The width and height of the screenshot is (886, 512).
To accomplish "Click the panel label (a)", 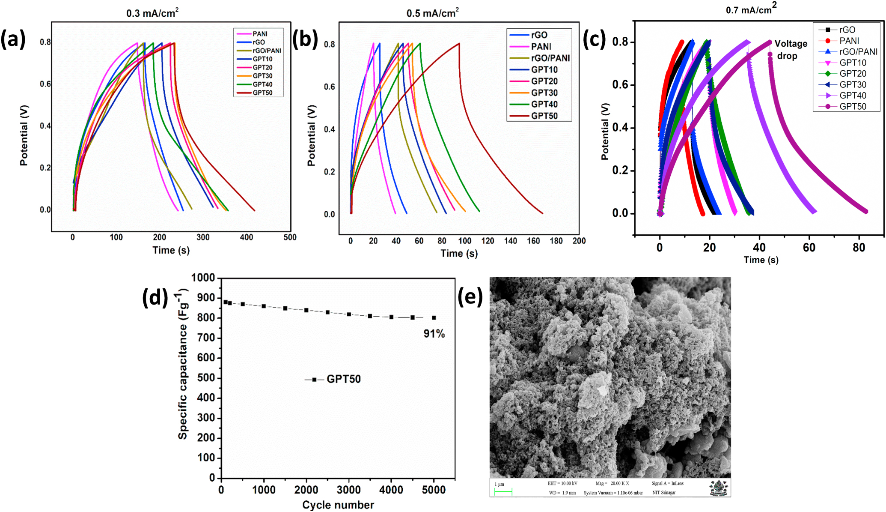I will [13, 39].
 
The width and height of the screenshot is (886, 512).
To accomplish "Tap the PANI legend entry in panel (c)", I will [849, 41].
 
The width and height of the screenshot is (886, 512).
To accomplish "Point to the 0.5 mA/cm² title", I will [432, 13].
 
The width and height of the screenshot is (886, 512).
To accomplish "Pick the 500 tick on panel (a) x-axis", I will [290, 237].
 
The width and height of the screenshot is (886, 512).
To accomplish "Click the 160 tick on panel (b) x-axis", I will [533, 241].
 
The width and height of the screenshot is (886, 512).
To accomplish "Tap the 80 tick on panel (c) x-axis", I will [859, 248].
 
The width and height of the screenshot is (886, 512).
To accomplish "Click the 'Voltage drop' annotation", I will [790, 50].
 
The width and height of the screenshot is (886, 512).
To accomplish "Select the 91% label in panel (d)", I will [434, 334].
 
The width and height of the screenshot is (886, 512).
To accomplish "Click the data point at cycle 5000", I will [434, 318].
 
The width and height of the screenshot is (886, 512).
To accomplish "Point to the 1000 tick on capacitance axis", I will [203, 278].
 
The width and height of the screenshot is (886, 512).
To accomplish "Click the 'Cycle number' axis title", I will [338, 505].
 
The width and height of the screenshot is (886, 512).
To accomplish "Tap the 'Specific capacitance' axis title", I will [183, 364].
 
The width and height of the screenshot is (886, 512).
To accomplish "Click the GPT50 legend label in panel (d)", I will [343, 379].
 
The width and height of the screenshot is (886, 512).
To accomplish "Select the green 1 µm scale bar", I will [503, 492].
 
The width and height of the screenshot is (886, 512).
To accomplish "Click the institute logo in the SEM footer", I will [718, 488].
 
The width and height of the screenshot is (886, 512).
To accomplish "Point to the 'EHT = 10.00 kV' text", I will [562, 483].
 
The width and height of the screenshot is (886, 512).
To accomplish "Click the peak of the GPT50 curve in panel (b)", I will [459, 43].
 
